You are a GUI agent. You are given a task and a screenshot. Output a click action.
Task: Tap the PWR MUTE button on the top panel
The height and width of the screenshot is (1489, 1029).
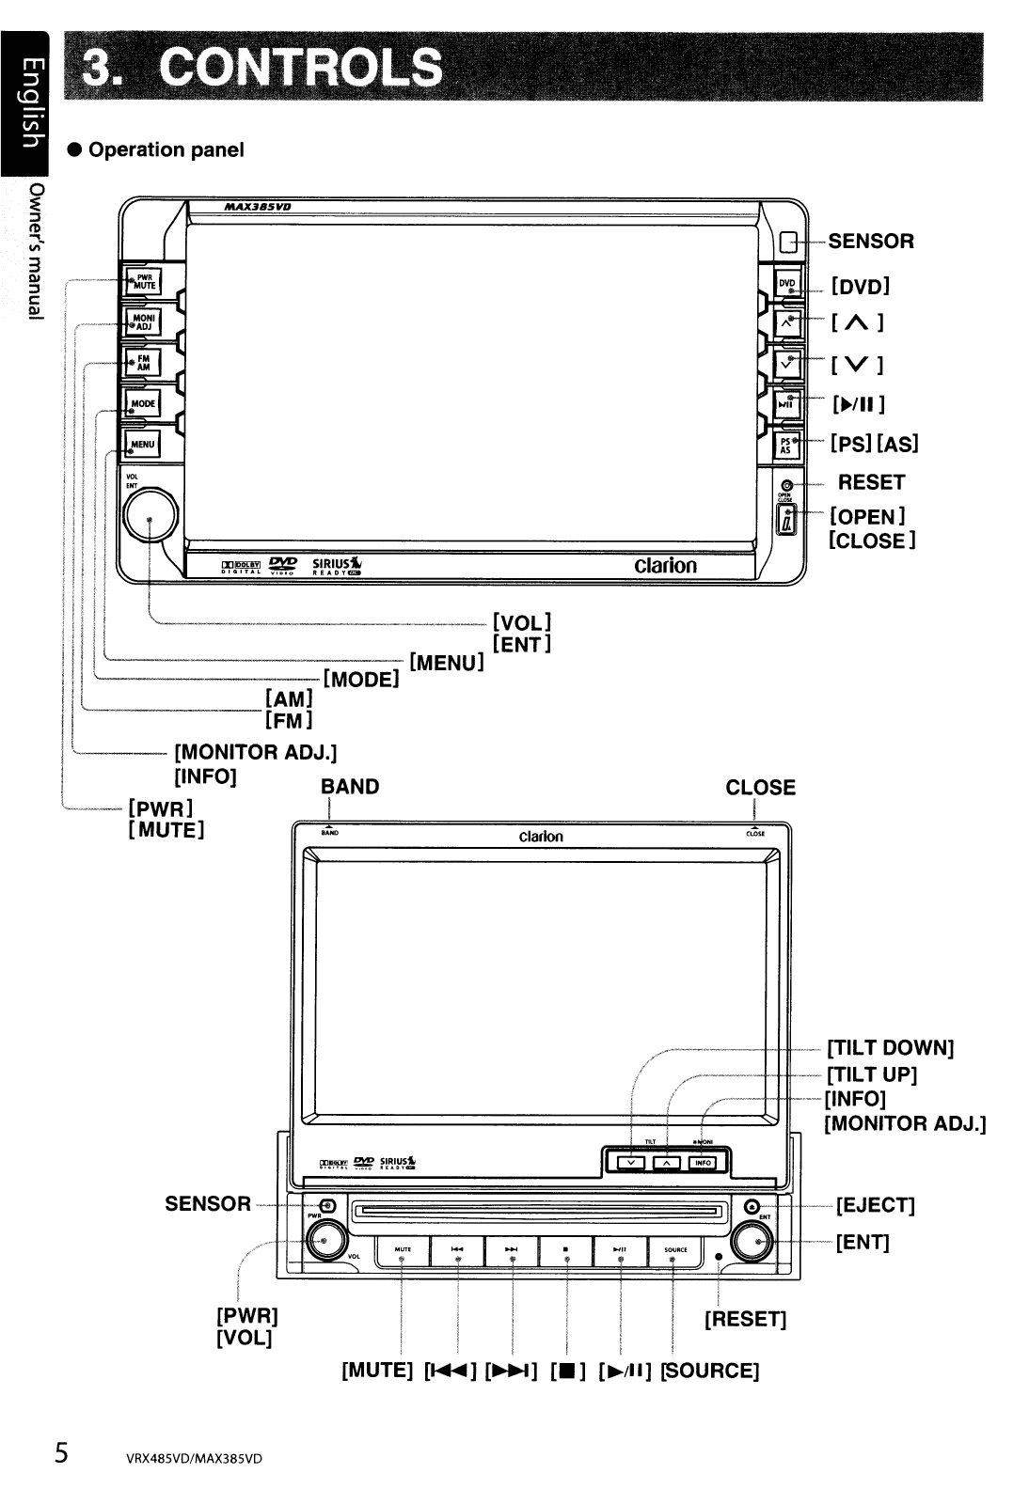point(142,281)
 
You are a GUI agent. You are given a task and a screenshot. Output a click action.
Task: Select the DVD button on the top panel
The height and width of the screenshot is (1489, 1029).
point(786,284)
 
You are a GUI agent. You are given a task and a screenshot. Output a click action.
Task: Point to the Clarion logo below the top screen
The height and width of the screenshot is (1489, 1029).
point(665,566)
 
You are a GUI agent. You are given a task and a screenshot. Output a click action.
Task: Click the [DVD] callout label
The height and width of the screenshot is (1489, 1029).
point(860,286)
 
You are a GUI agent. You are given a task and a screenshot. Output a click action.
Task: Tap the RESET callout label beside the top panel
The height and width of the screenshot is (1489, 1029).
point(871,482)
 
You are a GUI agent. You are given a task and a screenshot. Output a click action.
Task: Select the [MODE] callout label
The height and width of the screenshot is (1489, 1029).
point(362,678)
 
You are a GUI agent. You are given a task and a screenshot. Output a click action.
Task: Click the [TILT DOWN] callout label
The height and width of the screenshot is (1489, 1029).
point(891,1048)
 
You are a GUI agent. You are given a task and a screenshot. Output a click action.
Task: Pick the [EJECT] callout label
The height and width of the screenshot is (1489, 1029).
point(875,1205)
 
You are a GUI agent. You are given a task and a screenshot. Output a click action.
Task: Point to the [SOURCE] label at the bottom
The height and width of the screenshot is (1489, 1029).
point(710,1371)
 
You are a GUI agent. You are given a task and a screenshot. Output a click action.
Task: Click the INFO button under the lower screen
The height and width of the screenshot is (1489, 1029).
point(702,1163)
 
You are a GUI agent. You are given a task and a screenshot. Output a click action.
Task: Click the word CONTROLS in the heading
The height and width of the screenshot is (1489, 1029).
point(301,67)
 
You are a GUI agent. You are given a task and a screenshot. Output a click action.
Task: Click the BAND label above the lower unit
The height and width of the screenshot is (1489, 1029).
point(350,787)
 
